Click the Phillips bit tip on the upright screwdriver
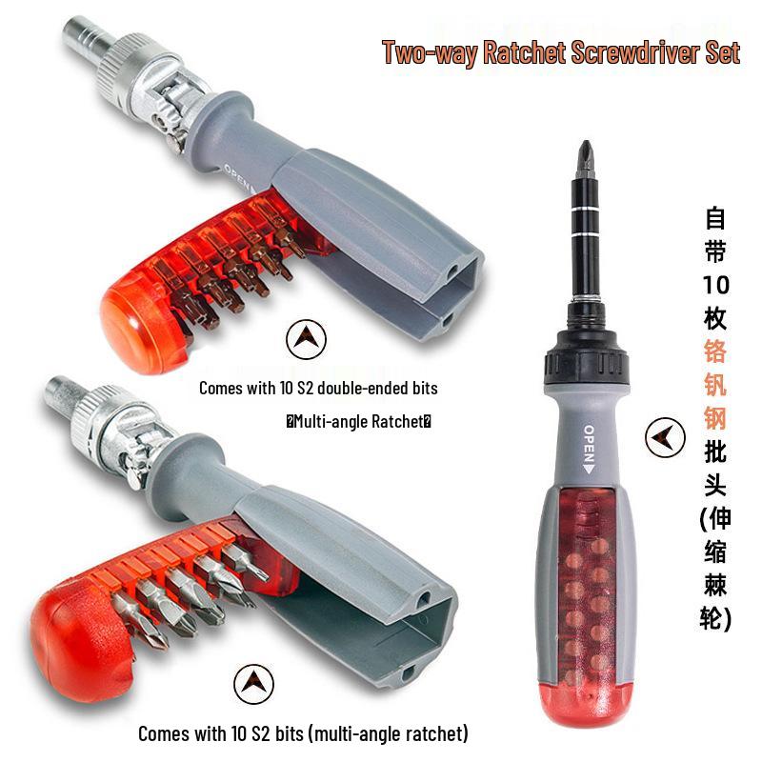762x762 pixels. pyautogui.click(x=587, y=159)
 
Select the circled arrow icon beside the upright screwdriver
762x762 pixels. pyautogui.click(x=665, y=437)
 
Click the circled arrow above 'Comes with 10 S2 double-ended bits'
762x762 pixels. pyautogui.click(x=306, y=339)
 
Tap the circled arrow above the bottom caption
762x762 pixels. pyautogui.click(x=253, y=684)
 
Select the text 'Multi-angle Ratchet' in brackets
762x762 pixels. pyautogui.click(x=359, y=421)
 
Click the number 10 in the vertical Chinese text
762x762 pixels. pyautogui.click(x=716, y=285)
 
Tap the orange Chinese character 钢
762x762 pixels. pyautogui.click(x=715, y=418)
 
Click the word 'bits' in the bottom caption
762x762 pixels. pyautogui.click(x=290, y=732)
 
